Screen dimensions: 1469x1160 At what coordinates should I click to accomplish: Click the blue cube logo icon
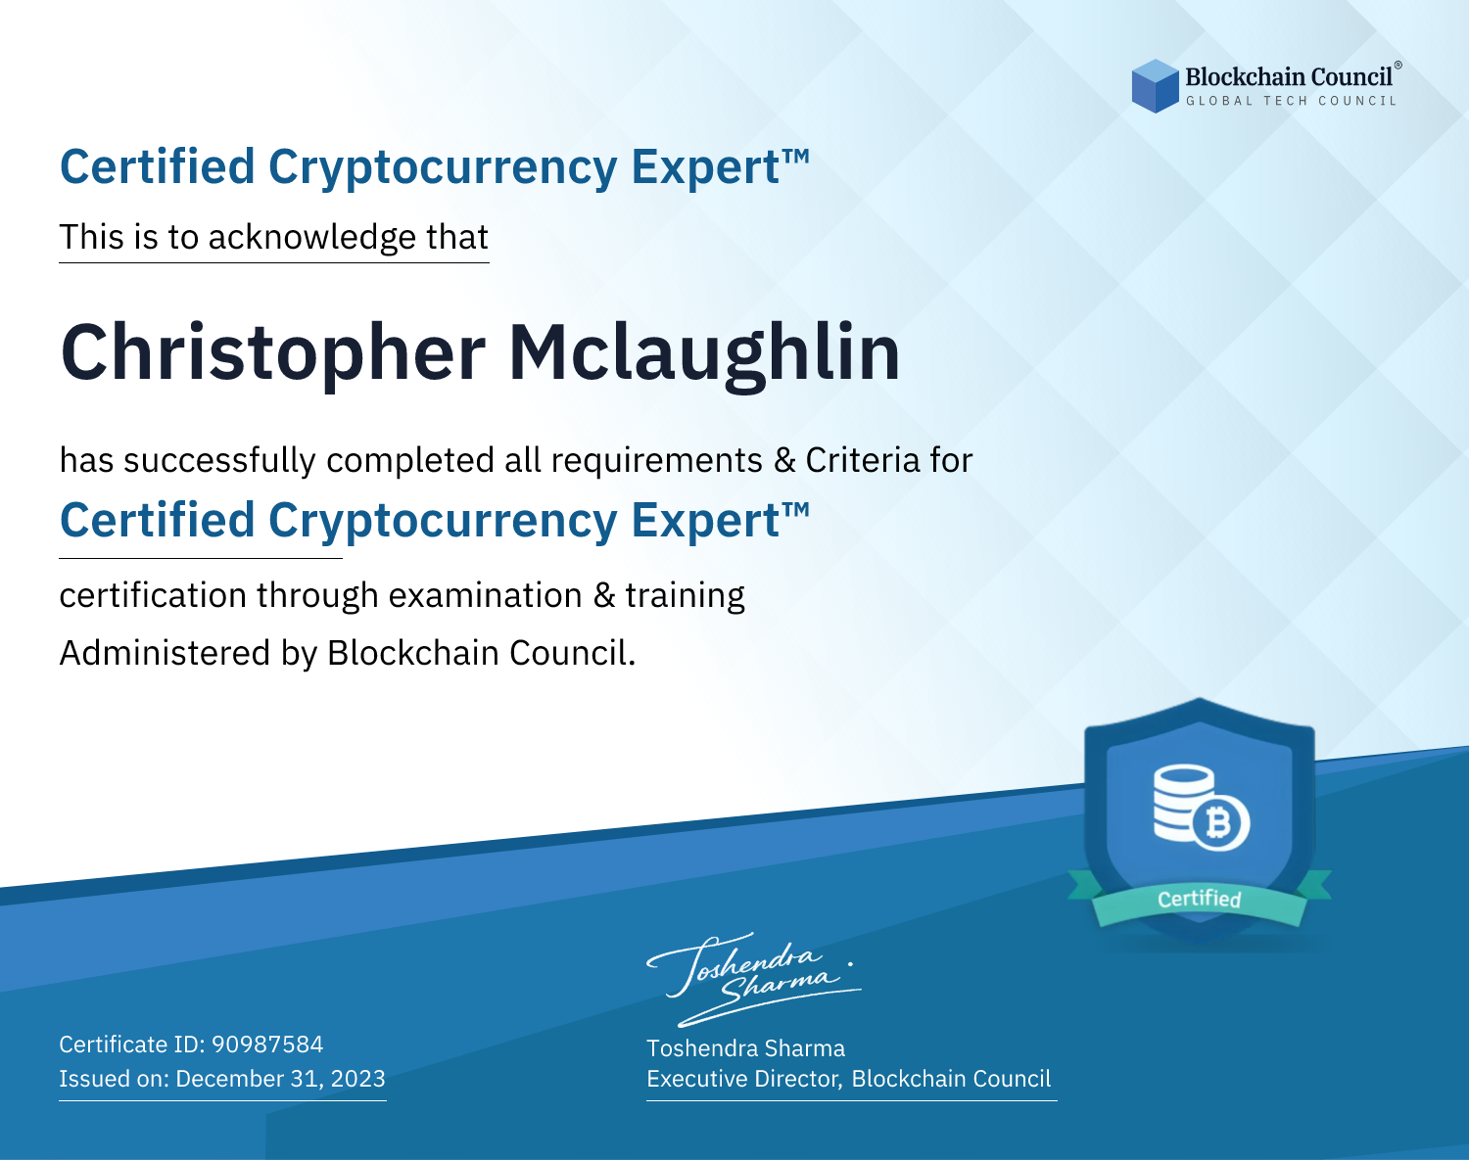tap(1155, 86)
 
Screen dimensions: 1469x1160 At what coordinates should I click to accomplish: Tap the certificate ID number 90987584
tap(267, 1044)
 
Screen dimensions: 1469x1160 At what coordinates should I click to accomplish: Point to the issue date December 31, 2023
tap(280, 1078)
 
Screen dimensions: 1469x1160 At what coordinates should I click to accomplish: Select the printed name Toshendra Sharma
tap(745, 1048)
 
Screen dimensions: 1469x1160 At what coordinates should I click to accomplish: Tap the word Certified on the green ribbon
tap(1200, 899)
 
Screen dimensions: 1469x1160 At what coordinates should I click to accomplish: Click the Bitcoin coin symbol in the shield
tap(1219, 822)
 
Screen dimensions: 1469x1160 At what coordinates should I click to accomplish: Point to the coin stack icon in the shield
tap(1183, 802)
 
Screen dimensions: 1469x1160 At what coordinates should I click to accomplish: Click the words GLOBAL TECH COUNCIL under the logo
tap(1292, 101)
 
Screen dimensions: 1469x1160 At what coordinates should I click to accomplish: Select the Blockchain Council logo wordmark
tap(1289, 76)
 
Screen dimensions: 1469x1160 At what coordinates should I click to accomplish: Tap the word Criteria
tap(863, 460)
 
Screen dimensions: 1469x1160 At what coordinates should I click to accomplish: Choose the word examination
tap(486, 594)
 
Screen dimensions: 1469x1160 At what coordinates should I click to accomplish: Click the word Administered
tap(165, 652)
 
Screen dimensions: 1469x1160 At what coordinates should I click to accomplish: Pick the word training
tap(686, 596)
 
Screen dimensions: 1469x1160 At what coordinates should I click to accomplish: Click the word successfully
tap(219, 461)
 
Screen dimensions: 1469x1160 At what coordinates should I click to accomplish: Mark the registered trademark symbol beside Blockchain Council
tap(1398, 66)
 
